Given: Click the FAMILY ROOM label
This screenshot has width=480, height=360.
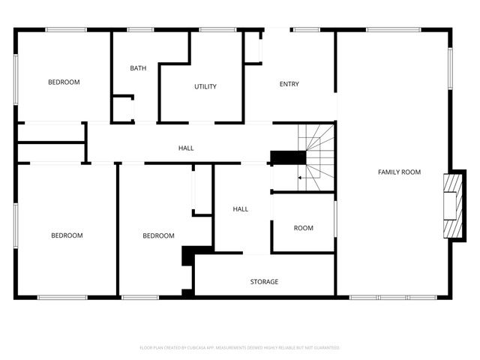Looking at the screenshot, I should pyautogui.click(x=399, y=172).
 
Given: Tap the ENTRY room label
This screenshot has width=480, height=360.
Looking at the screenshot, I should pyautogui.click(x=289, y=84).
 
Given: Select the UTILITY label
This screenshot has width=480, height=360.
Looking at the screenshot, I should pyautogui.click(x=205, y=87).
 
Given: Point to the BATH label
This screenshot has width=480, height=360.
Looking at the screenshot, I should pyautogui.click(x=138, y=68).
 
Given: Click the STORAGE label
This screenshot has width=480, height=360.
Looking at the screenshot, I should pyautogui.click(x=264, y=282).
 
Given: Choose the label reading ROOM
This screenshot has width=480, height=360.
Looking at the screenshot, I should pyautogui.click(x=303, y=228).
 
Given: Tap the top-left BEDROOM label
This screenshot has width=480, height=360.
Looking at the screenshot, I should pyautogui.click(x=64, y=82).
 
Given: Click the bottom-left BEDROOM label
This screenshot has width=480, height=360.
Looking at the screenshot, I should pyautogui.click(x=67, y=235).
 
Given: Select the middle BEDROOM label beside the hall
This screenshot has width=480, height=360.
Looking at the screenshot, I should pyautogui.click(x=158, y=235).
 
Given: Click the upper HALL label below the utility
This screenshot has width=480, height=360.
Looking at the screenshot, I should pyautogui.click(x=186, y=148).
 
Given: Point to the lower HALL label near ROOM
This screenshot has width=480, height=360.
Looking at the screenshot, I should pyautogui.click(x=240, y=209).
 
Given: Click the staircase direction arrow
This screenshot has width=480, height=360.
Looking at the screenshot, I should pyautogui.click(x=301, y=178).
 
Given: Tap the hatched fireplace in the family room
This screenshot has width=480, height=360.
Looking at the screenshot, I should pyautogui.click(x=452, y=205).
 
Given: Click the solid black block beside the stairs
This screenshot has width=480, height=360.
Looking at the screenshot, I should pyautogui.click(x=288, y=157).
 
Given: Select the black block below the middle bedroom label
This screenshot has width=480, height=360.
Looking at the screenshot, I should pyautogui.click(x=188, y=256).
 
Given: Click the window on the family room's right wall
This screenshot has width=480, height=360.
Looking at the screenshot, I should pyautogui.click(x=451, y=69).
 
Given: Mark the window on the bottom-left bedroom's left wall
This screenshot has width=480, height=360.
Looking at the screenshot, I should pyautogui.click(x=16, y=225).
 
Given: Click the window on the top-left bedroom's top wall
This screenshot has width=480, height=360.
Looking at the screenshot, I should pyautogui.click(x=66, y=29).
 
